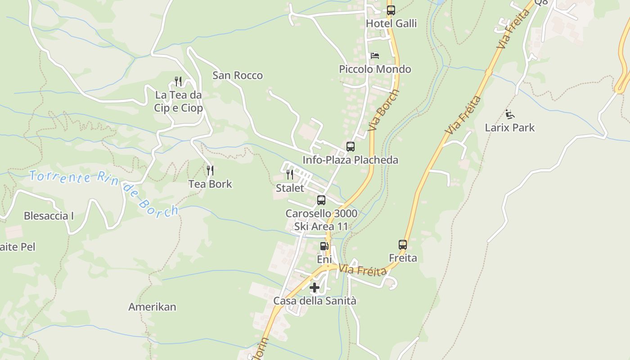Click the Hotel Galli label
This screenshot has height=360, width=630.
[x=391, y=23]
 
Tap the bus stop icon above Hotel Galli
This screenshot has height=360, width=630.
[x=391, y=10]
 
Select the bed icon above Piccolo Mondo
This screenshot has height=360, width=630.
[x=374, y=56]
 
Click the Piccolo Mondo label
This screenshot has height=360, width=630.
[x=375, y=69]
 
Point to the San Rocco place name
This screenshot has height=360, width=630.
[x=237, y=75]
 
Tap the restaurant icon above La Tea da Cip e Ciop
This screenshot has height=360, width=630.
[x=178, y=81]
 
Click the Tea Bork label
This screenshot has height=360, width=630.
[x=210, y=184]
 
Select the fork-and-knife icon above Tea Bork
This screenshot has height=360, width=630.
[x=210, y=171]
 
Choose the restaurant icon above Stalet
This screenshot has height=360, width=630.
[x=290, y=175]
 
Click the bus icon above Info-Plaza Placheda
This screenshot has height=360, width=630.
[x=350, y=147]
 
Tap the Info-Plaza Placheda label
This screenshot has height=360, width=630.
[x=350, y=160]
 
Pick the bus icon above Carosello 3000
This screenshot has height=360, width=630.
[x=321, y=200]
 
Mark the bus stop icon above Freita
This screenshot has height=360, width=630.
[x=403, y=245]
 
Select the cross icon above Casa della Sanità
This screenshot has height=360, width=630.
[x=315, y=287]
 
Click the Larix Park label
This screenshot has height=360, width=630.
[x=509, y=128]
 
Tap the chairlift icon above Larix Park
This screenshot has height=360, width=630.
[x=509, y=114]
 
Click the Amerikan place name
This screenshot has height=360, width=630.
[x=152, y=307]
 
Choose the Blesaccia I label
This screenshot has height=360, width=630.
[x=49, y=216]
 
